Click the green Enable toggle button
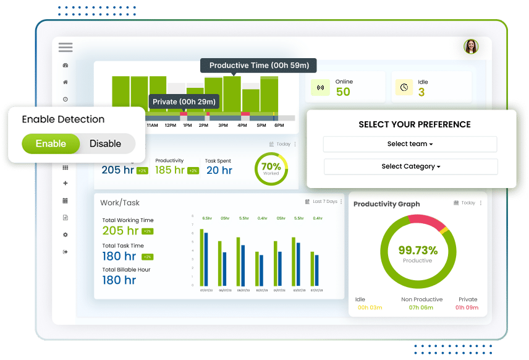pyautogui.click(x=51, y=144)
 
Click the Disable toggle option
pyautogui.click(x=105, y=144)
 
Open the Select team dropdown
pyautogui.click(x=410, y=144)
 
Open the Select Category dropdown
pyautogui.click(x=410, y=166)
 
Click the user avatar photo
pyautogui.click(x=471, y=46)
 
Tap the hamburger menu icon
pyautogui.click(x=66, y=48)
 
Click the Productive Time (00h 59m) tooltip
pyautogui.click(x=258, y=66)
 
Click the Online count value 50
pyautogui.click(x=343, y=92)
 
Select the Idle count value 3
pyautogui.click(x=421, y=92)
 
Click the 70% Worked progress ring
pyautogui.click(x=271, y=168)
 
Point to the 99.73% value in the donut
pyautogui.click(x=418, y=251)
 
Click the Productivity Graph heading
pyautogui.click(x=386, y=204)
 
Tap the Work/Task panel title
pyautogui.click(x=120, y=202)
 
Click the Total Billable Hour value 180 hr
pyautogui.click(x=119, y=280)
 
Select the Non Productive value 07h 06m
pyautogui.click(x=421, y=307)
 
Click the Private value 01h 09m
pyautogui.click(x=467, y=307)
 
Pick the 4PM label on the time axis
pyautogui.click(x=242, y=126)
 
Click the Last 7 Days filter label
pyautogui.click(x=325, y=202)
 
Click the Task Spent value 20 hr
pyautogui.click(x=219, y=170)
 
